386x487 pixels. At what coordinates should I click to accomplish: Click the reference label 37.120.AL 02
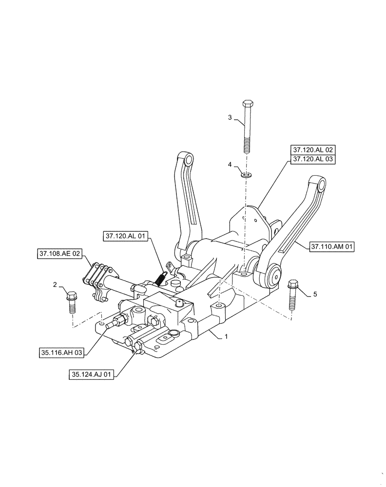pyautogui.click(x=313, y=150)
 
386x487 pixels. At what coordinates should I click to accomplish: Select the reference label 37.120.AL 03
pyautogui.click(x=313, y=159)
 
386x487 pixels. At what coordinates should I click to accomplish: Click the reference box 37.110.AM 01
pyautogui.click(x=332, y=247)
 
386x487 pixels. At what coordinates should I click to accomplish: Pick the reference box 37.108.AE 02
pyautogui.click(x=59, y=253)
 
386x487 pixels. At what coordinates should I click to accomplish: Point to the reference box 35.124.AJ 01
pyautogui.click(x=92, y=375)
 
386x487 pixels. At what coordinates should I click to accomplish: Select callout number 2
pyautogui.click(x=55, y=284)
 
